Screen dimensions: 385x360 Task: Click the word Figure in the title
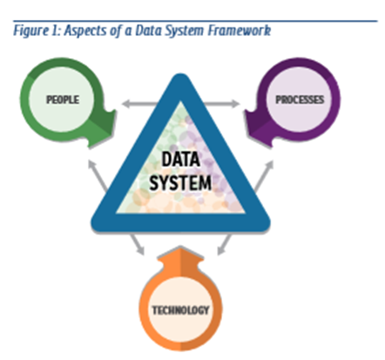(x=31, y=31)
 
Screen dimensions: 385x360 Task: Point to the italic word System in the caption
(x=185, y=31)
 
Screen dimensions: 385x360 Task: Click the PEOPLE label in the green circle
(x=63, y=99)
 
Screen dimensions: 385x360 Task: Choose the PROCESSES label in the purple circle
(x=300, y=99)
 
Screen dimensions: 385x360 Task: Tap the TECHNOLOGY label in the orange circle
(x=180, y=310)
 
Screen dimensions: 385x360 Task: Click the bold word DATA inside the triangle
(x=180, y=160)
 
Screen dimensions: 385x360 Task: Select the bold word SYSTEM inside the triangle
(x=180, y=182)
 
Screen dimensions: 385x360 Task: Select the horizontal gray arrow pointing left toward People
(x=140, y=104)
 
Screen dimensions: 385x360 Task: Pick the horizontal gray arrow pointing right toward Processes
(x=221, y=104)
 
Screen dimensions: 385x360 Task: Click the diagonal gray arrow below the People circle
(x=98, y=176)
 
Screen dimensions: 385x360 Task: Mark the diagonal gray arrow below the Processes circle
(x=264, y=176)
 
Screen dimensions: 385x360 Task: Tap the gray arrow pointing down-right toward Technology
(x=137, y=245)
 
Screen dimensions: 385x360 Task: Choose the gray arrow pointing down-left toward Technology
(x=225, y=245)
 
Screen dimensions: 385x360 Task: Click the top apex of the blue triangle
(x=180, y=74)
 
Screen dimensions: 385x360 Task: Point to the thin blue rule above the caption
(x=195, y=21)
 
